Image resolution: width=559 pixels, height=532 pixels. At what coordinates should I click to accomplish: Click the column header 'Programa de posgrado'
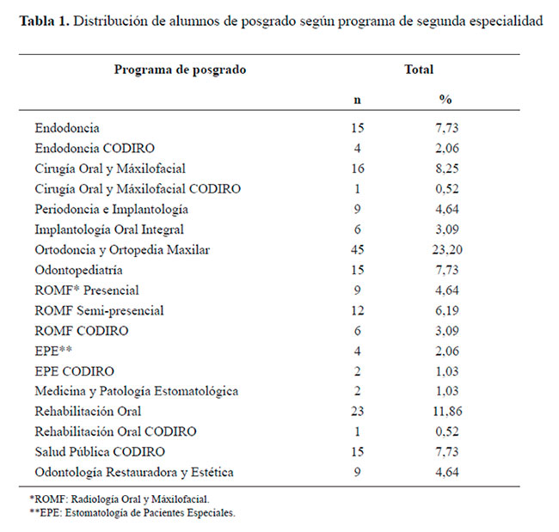pyautogui.click(x=180, y=70)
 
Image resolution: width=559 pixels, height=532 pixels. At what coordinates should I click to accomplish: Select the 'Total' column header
pyautogui.click(x=419, y=69)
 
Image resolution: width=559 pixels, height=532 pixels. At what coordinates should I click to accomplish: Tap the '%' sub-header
pyautogui.click(x=445, y=99)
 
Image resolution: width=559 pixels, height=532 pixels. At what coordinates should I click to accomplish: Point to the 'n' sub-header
pyautogui.click(x=357, y=101)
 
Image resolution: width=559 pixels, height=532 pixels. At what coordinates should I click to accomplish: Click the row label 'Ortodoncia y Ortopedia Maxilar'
pyautogui.click(x=122, y=250)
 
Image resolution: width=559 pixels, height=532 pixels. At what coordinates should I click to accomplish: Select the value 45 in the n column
pyautogui.click(x=357, y=249)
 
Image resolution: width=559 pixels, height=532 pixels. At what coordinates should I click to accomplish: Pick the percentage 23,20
pyautogui.click(x=447, y=250)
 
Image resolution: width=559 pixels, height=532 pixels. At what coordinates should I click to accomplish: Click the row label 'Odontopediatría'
pyautogui.click(x=78, y=270)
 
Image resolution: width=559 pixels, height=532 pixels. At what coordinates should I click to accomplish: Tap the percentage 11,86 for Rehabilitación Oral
pyautogui.click(x=447, y=412)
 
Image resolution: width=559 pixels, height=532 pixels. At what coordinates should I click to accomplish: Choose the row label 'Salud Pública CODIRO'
pyautogui.click(x=100, y=452)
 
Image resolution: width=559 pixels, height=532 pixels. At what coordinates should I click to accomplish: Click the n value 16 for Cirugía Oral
pyautogui.click(x=358, y=168)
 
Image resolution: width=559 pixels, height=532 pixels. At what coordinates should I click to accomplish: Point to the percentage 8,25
pyautogui.click(x=447, y=168)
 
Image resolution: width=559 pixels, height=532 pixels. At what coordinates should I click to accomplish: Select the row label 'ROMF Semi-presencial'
pyautogui.click(x=99, y=311)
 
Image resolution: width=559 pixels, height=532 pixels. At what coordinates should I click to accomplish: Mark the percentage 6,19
pyautogui.click(x=447, y=311)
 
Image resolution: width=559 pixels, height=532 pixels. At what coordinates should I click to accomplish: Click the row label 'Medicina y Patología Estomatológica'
pyautogui.click(x=137, y=392)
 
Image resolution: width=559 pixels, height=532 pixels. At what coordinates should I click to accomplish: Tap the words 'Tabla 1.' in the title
pyautogui.click(x=44, y=21)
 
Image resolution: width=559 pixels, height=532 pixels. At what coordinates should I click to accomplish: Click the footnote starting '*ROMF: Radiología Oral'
pyautogui.click(x=120, y=499)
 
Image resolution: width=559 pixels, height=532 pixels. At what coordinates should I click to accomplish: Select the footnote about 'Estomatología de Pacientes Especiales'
pyautogui.click(x=132, y=513)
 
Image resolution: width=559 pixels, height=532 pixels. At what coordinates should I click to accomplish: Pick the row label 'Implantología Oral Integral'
pyautogui.click(x=109, y=229)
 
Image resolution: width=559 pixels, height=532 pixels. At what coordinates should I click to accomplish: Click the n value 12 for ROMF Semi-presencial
pyautogui.click(x=358, y=310)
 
